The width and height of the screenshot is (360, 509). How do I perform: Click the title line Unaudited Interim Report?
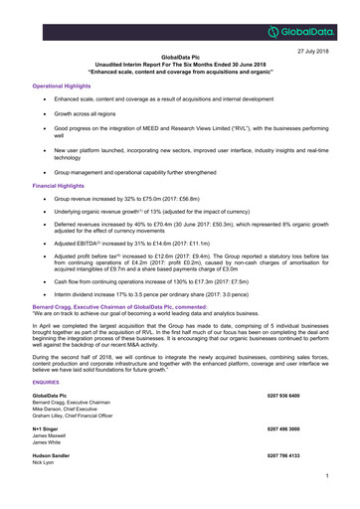[180, 67]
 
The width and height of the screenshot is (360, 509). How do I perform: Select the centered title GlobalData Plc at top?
[180, 59]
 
